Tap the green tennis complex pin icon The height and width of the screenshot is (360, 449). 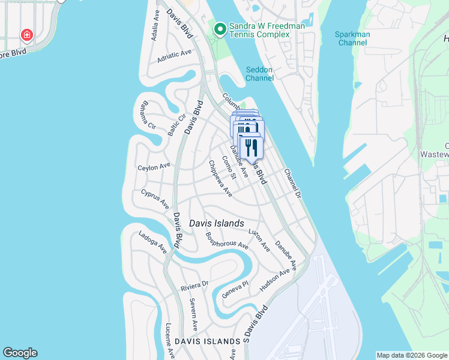pyautogui.click(x=220, y=29)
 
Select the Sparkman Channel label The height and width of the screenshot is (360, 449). pyautogui.click(x=353, y=38)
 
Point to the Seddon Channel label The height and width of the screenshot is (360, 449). pyautogui.click(x=259, y=74)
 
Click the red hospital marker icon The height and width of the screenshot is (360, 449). pyautogui.click(x=26, y=35)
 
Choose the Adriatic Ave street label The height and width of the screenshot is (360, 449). pyautogui.click(x=174, y=55)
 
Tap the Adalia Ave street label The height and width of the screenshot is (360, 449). pyautogui.click(x=155, y=24)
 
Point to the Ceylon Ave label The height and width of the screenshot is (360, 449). pyautogui.click(x=154, y=166)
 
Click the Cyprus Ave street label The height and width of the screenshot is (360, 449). pyautogui.click(x=155, y=199)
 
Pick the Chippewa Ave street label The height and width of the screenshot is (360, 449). pyautogui.click(x=220, y=178)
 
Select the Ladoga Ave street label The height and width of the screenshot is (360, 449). pyautogui.click(x=152, y=242)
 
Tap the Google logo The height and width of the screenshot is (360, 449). pyautogui.click(x=20, y=353)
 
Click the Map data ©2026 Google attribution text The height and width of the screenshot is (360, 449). pyautogui.click(x=412, y=355)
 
